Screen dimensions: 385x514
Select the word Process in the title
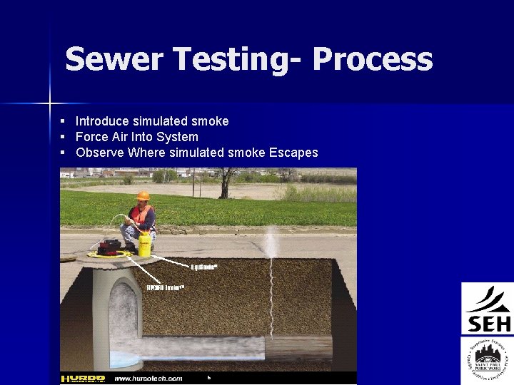click(372, 60)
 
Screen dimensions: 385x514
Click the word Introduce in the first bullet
click(103, 121)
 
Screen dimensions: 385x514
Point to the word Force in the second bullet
click(91, 137)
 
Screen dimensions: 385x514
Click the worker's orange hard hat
click(143, 195)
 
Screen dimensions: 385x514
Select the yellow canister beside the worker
click(145, 243)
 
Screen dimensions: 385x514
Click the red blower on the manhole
click(109, 247)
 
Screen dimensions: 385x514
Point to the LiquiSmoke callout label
click(204, 267)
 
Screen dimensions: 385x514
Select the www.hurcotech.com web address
click(148, 379)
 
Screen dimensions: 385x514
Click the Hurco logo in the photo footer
click(84, 379)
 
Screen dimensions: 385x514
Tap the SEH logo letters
click(489, 324)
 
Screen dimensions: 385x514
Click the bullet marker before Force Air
click(63, 137)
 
